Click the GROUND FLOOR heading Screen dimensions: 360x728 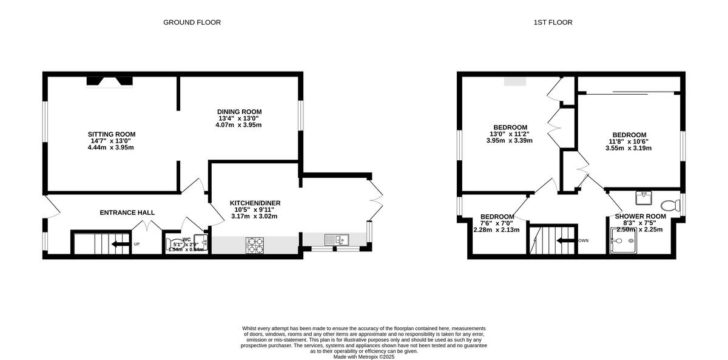(x=192, y=22)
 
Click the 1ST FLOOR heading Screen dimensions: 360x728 (x=553, y=22)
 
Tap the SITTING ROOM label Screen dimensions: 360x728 (x=111, y=134)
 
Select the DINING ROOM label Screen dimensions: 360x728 (x=239, y=112)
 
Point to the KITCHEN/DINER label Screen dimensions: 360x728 (x=255, y=203)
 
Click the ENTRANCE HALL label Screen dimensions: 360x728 (x=127, y=212)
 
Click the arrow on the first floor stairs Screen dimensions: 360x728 (x=567, y=240)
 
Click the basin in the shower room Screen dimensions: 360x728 (x=643, y=197)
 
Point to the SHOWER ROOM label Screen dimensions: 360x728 (x=640, y=216)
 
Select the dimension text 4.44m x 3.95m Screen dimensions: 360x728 (x=111, y=148)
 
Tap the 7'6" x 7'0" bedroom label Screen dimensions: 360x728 (x=497, y=223)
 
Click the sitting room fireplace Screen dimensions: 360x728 (x=109, y=81)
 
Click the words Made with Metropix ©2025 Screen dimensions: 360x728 (x=364, y=357)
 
